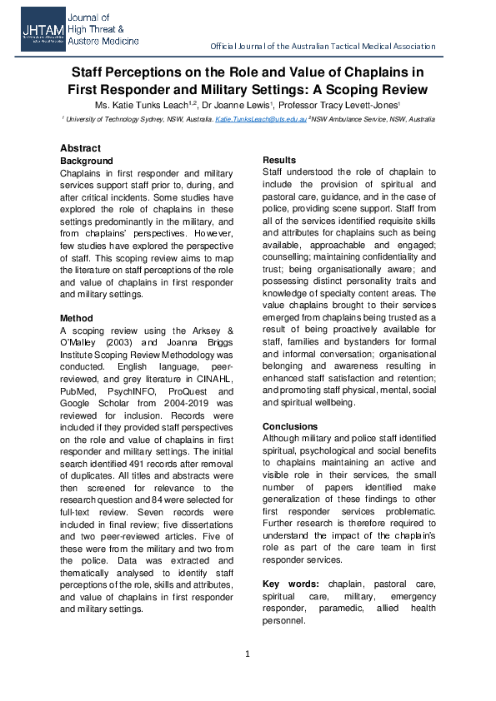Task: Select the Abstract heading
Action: (x=80, y=148)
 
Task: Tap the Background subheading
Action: (x=86, y=161)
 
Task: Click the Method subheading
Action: (x=76, y=318)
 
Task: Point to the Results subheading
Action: (x=279, y=160)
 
